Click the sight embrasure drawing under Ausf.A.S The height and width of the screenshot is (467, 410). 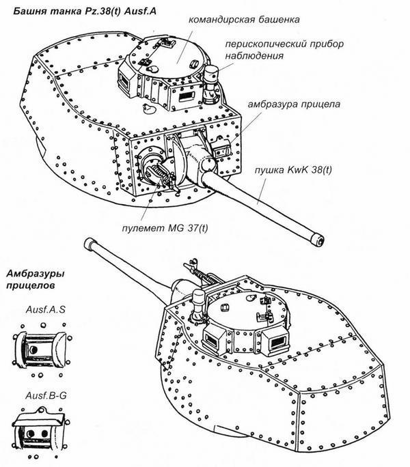pyautogui.click(x=42, y=349)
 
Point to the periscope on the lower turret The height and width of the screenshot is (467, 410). pyautogui.click(x=199, y=301)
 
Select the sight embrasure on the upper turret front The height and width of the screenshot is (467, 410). pyautogui.click(x=221, y=147)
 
